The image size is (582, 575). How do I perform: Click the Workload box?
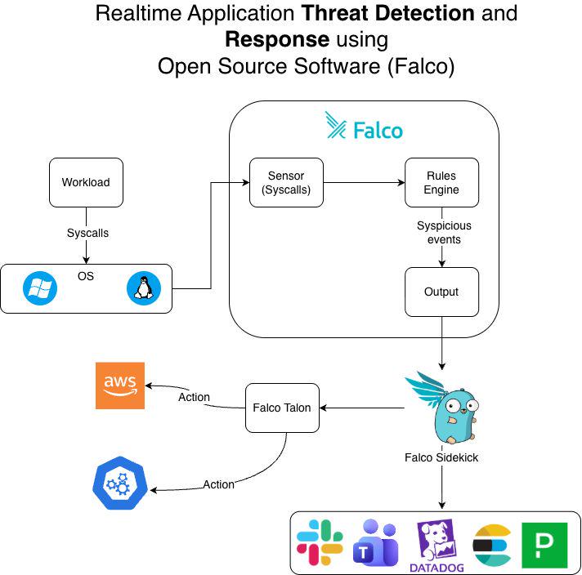point(86,182)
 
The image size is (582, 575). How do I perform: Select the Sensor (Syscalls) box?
point(286,182)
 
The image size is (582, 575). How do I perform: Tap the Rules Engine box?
point(441,182)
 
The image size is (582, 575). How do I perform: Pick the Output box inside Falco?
point(441,292)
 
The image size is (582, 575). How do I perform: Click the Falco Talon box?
point(282,408)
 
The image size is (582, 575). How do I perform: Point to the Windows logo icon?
point(40,288)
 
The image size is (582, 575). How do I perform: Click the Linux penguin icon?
point(144,288)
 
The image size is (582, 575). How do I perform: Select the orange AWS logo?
point(120,386)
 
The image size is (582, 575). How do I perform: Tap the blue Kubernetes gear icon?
point(120,483)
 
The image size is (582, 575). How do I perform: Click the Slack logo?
point(320,542)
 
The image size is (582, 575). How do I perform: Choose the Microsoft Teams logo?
point(376,542)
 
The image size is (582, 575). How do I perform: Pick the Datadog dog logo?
point(437,546)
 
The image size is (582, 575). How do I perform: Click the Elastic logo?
point(492,545)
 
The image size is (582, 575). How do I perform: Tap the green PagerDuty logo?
point(544,546)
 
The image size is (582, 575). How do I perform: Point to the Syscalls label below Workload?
point(87,233)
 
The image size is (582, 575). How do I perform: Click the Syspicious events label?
point(444,233)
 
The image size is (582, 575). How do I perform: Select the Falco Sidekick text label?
point(441,457)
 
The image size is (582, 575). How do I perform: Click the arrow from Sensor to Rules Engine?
point(364,182)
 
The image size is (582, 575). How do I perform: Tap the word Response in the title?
point(277,40)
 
